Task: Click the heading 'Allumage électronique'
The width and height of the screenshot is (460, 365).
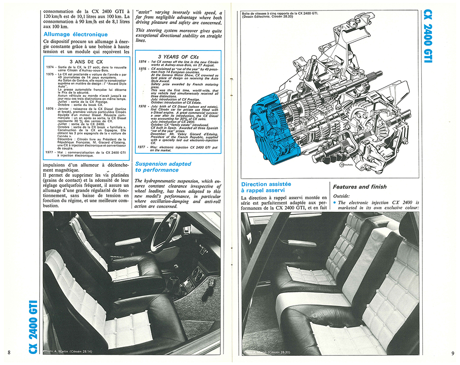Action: (75, 34)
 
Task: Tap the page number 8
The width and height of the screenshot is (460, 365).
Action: (9, 352)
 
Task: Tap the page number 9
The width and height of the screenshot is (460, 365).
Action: (452, 353)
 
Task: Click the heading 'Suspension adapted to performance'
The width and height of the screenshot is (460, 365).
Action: (157, 167)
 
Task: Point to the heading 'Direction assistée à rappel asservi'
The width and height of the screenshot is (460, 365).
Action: (267, 187)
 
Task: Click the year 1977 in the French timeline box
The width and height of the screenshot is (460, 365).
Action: (51, 151)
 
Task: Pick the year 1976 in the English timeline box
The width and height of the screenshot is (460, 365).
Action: (142, 106)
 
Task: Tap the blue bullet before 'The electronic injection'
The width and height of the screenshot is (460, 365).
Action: (334, 202)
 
